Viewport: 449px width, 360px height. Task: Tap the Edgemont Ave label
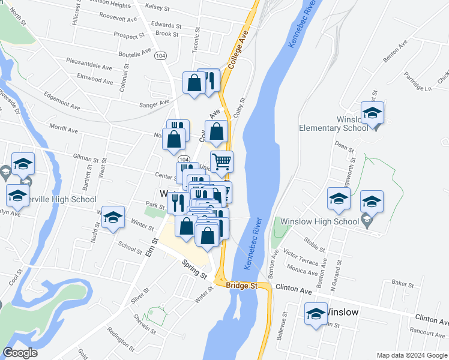click(x=62, y=100)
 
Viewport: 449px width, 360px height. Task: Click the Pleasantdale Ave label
click(x=90, y=65)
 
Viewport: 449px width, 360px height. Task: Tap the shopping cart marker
click(x=221, y=161)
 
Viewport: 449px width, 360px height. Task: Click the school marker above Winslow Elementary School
click(x=372, y=112)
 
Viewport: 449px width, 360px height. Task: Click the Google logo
click(x=20, y=353)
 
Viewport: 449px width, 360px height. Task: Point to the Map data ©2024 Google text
click(x=411, y=355)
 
